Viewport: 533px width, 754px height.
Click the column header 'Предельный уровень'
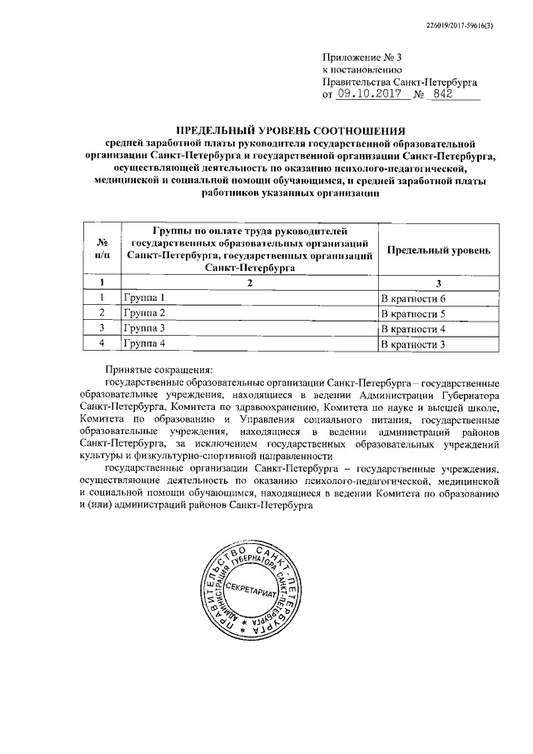click(435, 250)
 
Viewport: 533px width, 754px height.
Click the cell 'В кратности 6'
click(414, 297)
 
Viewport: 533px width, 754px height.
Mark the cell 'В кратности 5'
click(414, 312)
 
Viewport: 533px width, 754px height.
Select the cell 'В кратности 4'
click(414, 327)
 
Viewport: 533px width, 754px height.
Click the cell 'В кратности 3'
click(414, 343)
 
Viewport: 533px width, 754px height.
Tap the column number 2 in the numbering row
click(248, 282)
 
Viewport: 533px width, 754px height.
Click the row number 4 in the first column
click(102, 343)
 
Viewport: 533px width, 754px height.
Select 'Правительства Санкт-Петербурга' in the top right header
click(399, 82)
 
